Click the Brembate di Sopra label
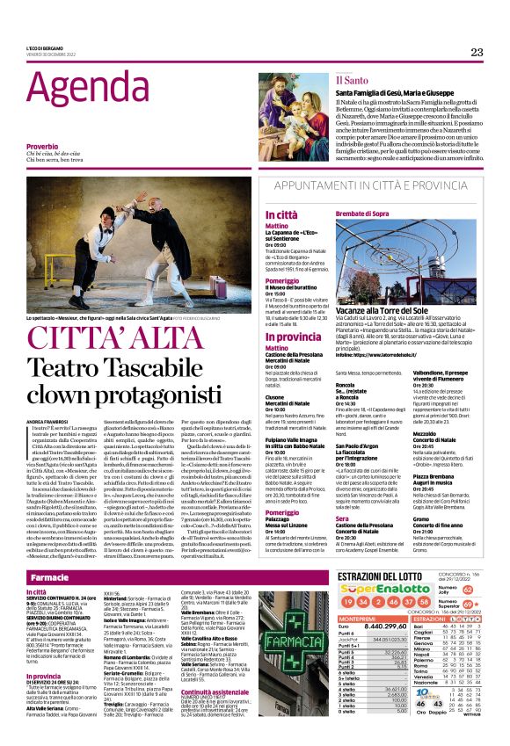tap(384, 214)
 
